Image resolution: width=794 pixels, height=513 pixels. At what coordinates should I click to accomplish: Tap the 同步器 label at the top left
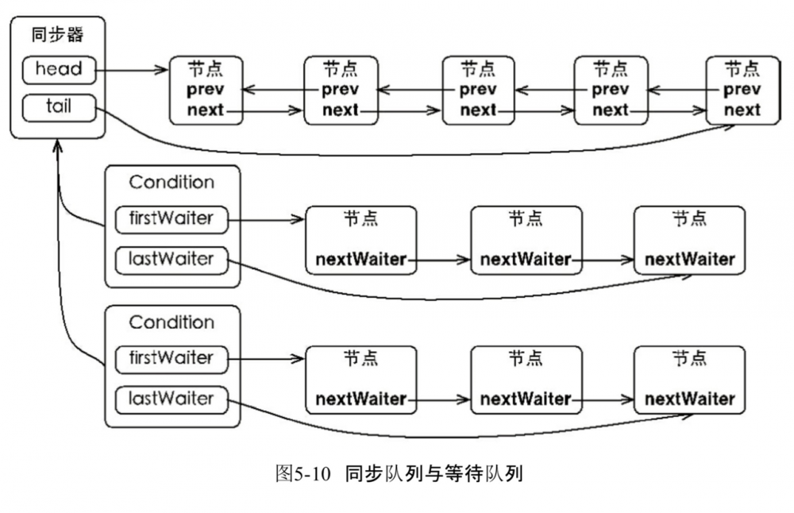click(57, 34)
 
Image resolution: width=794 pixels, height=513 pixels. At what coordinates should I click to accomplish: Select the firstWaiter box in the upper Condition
click(172, 218)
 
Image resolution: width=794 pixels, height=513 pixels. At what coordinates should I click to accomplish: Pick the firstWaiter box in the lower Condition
click(172, 358)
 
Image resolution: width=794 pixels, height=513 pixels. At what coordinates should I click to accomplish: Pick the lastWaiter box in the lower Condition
click(172, 398)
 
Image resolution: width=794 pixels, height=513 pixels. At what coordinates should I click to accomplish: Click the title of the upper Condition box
click(172, 183)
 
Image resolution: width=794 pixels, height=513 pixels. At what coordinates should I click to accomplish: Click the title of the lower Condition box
click(172, 322)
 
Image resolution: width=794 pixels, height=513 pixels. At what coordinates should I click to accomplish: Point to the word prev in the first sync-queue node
click(206, 89)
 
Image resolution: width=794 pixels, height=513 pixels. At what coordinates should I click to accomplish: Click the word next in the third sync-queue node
click(477, 110)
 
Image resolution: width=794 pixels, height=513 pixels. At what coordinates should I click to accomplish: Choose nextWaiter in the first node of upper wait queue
click(360, 259)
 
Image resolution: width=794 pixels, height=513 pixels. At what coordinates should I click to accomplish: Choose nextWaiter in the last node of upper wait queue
click(689, 259)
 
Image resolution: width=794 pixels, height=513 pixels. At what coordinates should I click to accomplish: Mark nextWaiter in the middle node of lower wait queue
click(526, 399)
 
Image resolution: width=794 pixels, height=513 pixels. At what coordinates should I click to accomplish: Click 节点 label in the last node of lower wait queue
click(689, 357)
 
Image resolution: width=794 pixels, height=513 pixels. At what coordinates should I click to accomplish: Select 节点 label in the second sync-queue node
click(341, 67)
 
